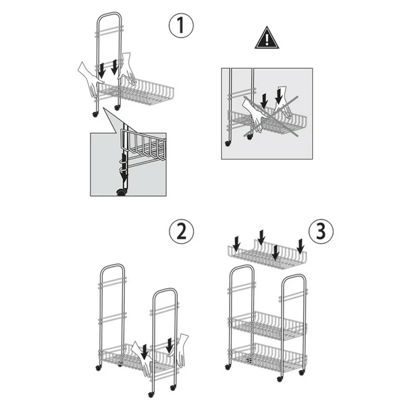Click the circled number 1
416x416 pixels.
(x=181, y=25)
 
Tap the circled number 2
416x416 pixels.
(x=181, y=231)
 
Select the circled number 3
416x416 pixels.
(x=321, y=230)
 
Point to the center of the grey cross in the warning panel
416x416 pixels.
(x=270, y=116)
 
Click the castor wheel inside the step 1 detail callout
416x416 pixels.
(x=122, y=192)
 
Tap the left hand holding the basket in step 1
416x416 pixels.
(x=89, y=79)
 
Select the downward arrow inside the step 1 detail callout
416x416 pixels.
(x=123, y=166)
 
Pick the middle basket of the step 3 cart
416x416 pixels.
(x=267, y=326)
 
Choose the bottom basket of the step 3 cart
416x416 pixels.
(x=267, y=357)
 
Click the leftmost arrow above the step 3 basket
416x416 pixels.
(x=237, y=244)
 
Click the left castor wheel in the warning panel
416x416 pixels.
(x=227, y=144)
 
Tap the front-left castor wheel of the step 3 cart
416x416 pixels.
(x=227, y=367)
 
